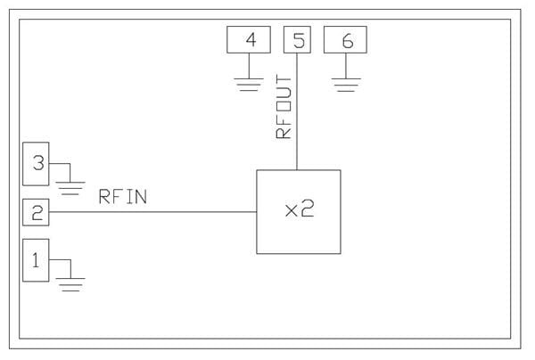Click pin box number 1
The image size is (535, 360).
36,261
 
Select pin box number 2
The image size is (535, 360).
36,212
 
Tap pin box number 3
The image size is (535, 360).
36,163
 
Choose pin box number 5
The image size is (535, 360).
297,40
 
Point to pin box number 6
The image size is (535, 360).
345,40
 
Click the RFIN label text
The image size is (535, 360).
122,197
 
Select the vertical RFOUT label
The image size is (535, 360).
284,108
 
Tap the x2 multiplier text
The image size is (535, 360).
300,211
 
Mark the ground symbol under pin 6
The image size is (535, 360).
345,85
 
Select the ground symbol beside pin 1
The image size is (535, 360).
70,283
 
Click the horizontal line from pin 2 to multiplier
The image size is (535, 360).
152,212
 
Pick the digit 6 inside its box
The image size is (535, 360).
346,40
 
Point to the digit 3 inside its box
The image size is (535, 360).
37,163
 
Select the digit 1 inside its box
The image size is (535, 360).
36,261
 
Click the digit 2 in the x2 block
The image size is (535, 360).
308,211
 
